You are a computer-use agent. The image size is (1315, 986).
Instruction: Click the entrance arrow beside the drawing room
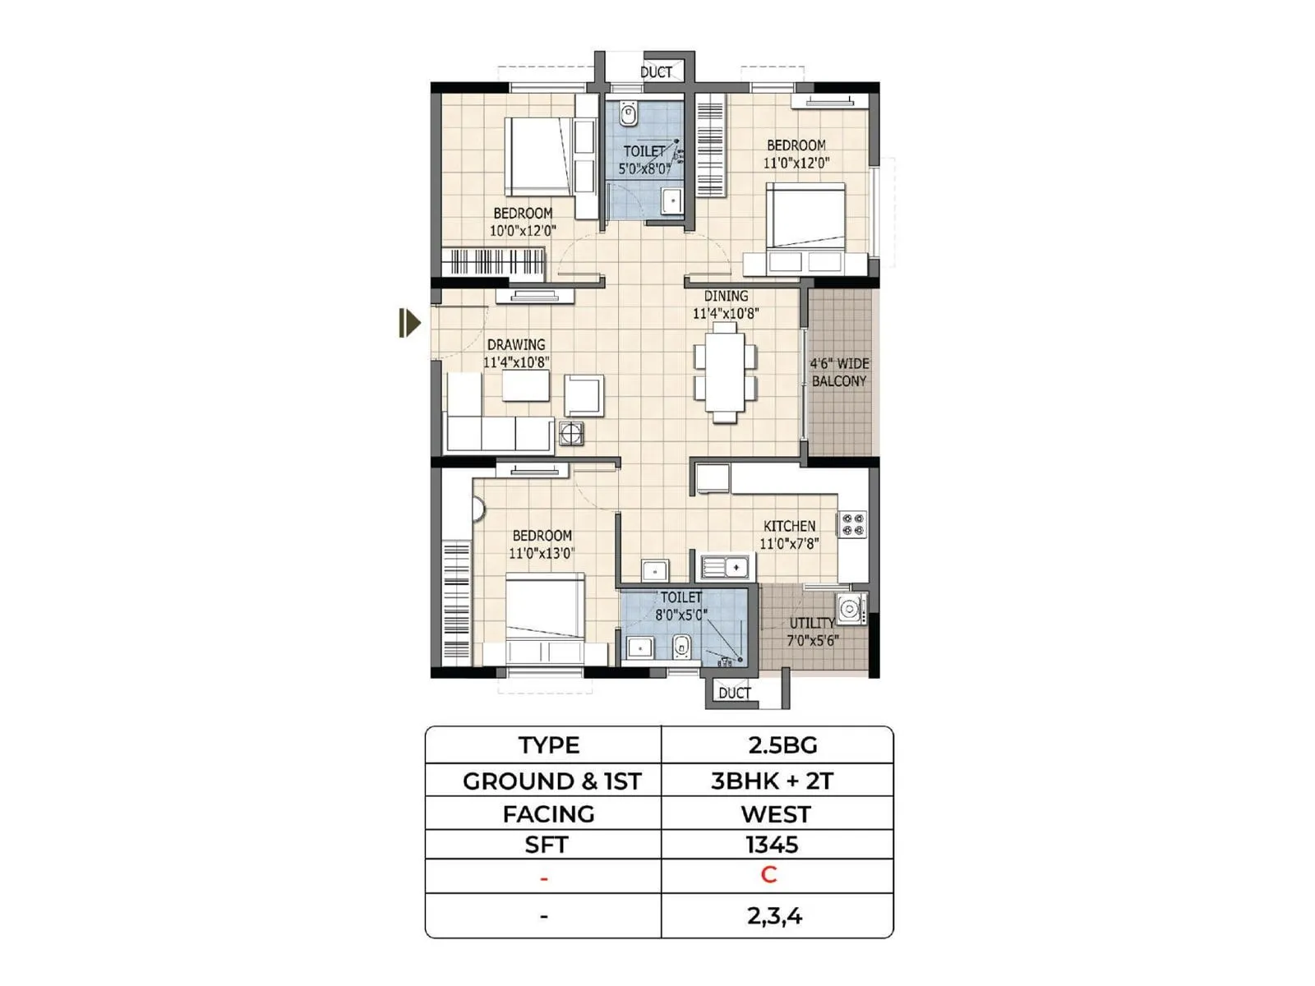409,323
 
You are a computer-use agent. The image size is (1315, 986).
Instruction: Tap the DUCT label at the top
656,72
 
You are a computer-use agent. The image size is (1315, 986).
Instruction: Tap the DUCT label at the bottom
734,693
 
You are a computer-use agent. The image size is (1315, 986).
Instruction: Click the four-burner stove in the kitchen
852,525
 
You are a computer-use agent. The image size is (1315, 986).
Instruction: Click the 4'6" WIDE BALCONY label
839,372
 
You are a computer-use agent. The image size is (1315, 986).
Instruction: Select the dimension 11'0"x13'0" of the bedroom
541,554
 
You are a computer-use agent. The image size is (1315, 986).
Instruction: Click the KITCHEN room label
789,526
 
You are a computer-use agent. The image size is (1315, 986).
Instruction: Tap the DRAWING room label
516,344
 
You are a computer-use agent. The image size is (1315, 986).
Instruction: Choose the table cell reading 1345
772,845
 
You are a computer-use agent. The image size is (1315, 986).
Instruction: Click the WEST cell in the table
775,814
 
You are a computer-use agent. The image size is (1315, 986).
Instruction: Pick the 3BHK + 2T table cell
772,781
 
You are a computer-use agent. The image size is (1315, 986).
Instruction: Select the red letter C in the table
768,875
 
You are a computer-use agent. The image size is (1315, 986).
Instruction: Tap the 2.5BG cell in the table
782,745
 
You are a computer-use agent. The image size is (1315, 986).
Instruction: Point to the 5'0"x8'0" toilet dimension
644,169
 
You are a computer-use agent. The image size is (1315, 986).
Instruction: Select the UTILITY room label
811,623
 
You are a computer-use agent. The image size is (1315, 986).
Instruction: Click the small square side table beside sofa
571,433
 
